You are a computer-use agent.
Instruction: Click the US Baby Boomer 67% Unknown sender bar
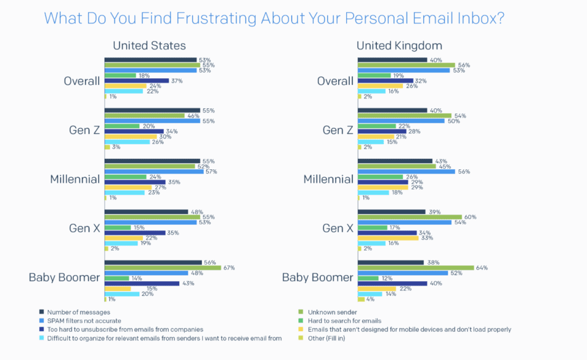point(163,268)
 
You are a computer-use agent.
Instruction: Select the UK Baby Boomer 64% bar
point(416,268)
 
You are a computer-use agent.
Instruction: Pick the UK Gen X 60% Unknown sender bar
point(410,217)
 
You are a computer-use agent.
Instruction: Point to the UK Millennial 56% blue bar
point(406,172)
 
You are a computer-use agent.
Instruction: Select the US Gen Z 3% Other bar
point(108,147)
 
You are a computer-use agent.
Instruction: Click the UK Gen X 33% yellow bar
point(388,238)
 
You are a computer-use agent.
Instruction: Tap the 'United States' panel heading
point(149,46)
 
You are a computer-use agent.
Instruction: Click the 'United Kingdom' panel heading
point(399,46)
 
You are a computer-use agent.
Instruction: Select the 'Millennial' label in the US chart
point(75,179)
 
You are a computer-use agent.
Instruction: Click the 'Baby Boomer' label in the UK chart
point(317,277)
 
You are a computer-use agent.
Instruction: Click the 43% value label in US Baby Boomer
point(188,284)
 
